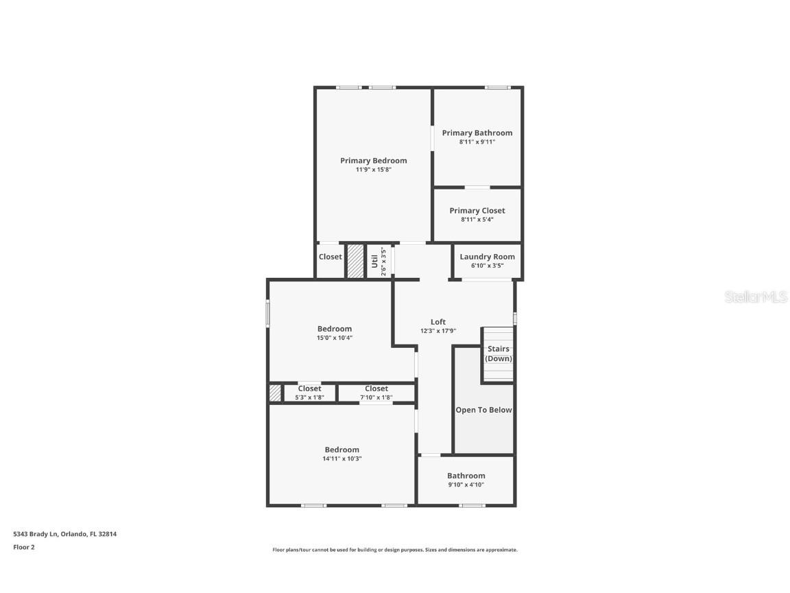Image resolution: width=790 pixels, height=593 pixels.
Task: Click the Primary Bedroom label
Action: click(x=373, y=161)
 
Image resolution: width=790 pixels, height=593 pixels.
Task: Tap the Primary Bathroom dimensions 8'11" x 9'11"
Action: click(x=477, y=142)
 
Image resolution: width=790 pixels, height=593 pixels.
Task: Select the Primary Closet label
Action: click(x=477, y=211)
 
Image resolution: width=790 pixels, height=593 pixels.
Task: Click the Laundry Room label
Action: click(x=487, y=257)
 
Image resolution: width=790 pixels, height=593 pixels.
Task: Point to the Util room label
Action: click(x=374, y=261)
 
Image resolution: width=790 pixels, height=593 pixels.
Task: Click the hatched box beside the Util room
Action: click(x=355, y=261)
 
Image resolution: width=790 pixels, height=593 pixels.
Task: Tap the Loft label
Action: click(x=438, y=322)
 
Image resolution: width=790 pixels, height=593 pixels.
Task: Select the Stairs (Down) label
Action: click(x=499, y=353)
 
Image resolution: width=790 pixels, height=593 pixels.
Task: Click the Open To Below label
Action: click(x=483, y=410)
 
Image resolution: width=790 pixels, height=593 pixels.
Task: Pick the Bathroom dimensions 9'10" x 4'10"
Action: click(x=466, y=485)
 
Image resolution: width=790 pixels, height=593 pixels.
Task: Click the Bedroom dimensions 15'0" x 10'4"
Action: click(x=334, y=338)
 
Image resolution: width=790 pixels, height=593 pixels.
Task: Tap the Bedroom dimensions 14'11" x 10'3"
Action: click(x=342, y=458)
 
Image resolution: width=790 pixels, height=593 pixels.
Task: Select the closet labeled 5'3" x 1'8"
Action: click(x=309, y=393)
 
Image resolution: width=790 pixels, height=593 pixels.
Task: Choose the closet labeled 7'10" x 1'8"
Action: click(x=376, y=393)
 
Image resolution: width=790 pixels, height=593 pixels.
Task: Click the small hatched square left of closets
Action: click(x=275, y=393)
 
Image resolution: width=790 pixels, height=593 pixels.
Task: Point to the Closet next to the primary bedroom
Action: click(x=330, y=257)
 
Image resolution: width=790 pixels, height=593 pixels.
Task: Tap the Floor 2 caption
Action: click(x=23, y=547)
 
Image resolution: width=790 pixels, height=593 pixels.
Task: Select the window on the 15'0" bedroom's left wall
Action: click(x=268, y=314)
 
